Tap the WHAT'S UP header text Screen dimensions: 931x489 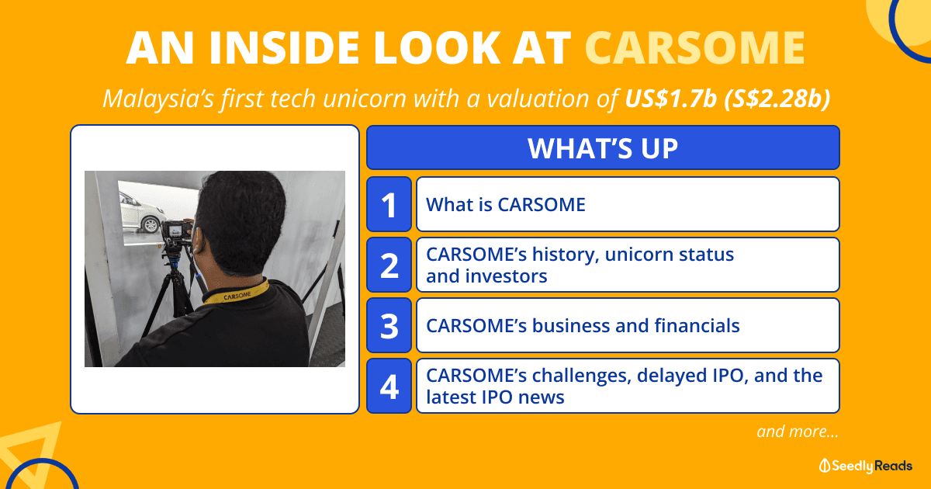pos(603,148)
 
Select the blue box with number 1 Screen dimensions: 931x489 pos(389,204)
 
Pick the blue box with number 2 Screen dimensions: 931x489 pos(389,265)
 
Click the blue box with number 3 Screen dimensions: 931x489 pos(389,325)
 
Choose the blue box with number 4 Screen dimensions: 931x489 pos(389,386)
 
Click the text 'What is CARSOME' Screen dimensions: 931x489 pos(506,205)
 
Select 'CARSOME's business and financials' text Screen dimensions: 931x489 pos(583,325)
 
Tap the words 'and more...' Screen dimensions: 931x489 pos(798,432)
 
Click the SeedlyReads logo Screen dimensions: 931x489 pos(865,466)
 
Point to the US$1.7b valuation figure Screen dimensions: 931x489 pos(671,99)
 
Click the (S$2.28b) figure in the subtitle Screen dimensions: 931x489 pos(777,99)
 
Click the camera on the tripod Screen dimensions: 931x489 pos(178,230)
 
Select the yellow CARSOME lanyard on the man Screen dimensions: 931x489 pos(236,294)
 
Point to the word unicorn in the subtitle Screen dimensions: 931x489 pos(365,99)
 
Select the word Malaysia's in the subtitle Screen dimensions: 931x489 pos(158,99)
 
